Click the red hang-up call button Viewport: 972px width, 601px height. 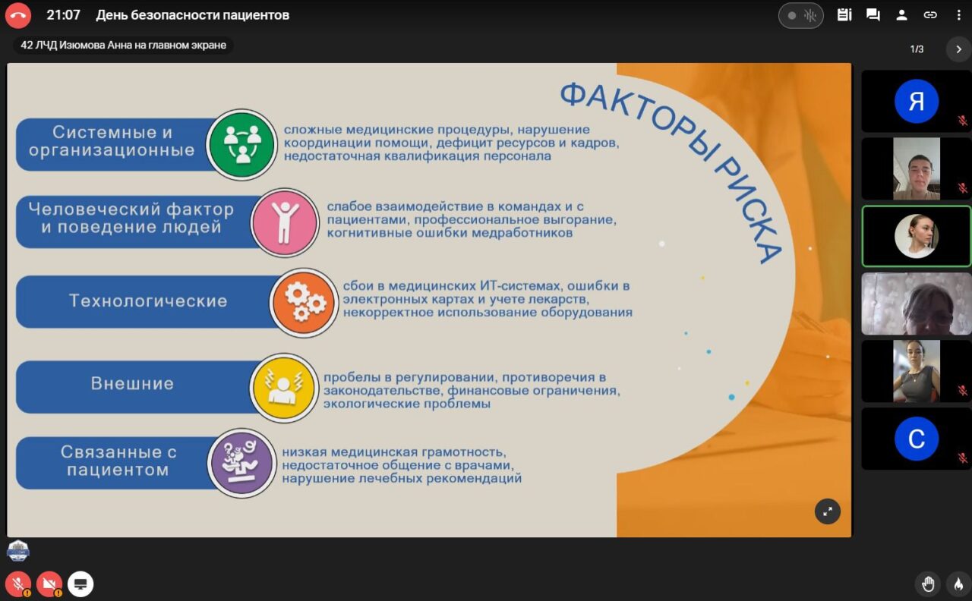point(17,15)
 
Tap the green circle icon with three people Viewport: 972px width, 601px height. point(241,144)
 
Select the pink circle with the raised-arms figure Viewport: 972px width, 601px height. point(285,222)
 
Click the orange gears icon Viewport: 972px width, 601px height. point(304,302)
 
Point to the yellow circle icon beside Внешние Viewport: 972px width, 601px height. point(284,387)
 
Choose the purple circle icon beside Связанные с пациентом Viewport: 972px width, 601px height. point(241,463)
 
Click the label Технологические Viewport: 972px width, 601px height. point(148,301)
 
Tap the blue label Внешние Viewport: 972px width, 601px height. point(132,384)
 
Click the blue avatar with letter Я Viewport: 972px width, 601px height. point(917,101)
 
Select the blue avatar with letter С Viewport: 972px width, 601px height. point(917,439)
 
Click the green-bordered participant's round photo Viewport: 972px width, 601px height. point(917,236)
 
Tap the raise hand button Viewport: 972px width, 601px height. point(928,584)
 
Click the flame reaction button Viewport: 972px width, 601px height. point(958,584)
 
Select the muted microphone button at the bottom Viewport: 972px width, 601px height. point(18,584)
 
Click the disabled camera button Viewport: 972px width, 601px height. point(49,584)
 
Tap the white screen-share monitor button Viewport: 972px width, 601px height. point(80,584)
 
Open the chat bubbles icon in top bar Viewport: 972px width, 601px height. point(873,15)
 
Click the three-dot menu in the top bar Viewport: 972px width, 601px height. point(958,15)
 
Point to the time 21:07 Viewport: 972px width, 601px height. point(63,15)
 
